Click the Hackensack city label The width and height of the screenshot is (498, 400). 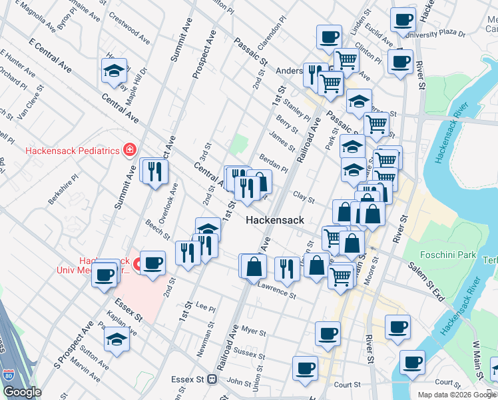pyautogui.click(x=274, y=220)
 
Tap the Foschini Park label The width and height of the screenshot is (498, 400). pyautogui.click(x=448, y=255)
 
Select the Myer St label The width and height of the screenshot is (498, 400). pyautogui.click(x=254, y=331)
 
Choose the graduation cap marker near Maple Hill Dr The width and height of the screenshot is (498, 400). pyautogui.click(x=115, y=70)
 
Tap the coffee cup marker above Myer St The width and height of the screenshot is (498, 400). pyautogui.click(x=328, y=333)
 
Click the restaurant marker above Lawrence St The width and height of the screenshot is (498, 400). pyautogui.click(x=287, y=268)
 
